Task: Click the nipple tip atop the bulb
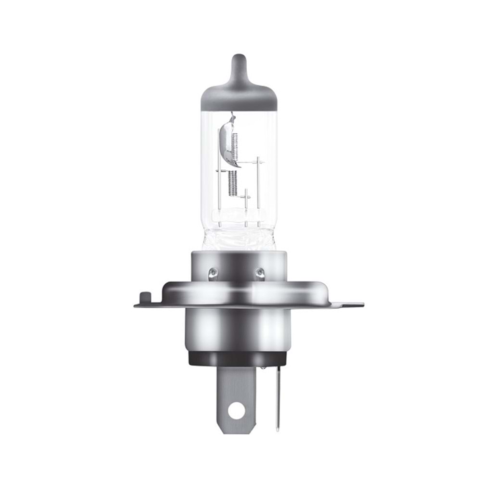239,61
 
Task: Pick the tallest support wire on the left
219,188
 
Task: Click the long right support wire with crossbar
258,188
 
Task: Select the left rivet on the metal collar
213,273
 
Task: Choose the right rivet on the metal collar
260,273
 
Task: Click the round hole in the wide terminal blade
236,411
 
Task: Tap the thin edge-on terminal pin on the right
278,399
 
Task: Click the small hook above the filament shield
232,116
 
